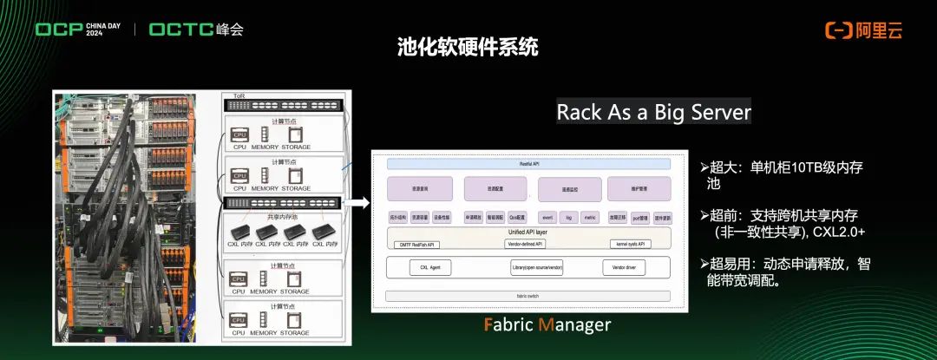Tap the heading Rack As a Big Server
coord(653,112)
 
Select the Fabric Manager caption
coord(547,324)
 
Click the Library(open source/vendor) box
coord(537,267)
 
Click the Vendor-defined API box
coord(526,245)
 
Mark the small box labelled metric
coord(589,218)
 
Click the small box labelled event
coord(547,218)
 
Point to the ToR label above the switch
coord(228,95)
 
